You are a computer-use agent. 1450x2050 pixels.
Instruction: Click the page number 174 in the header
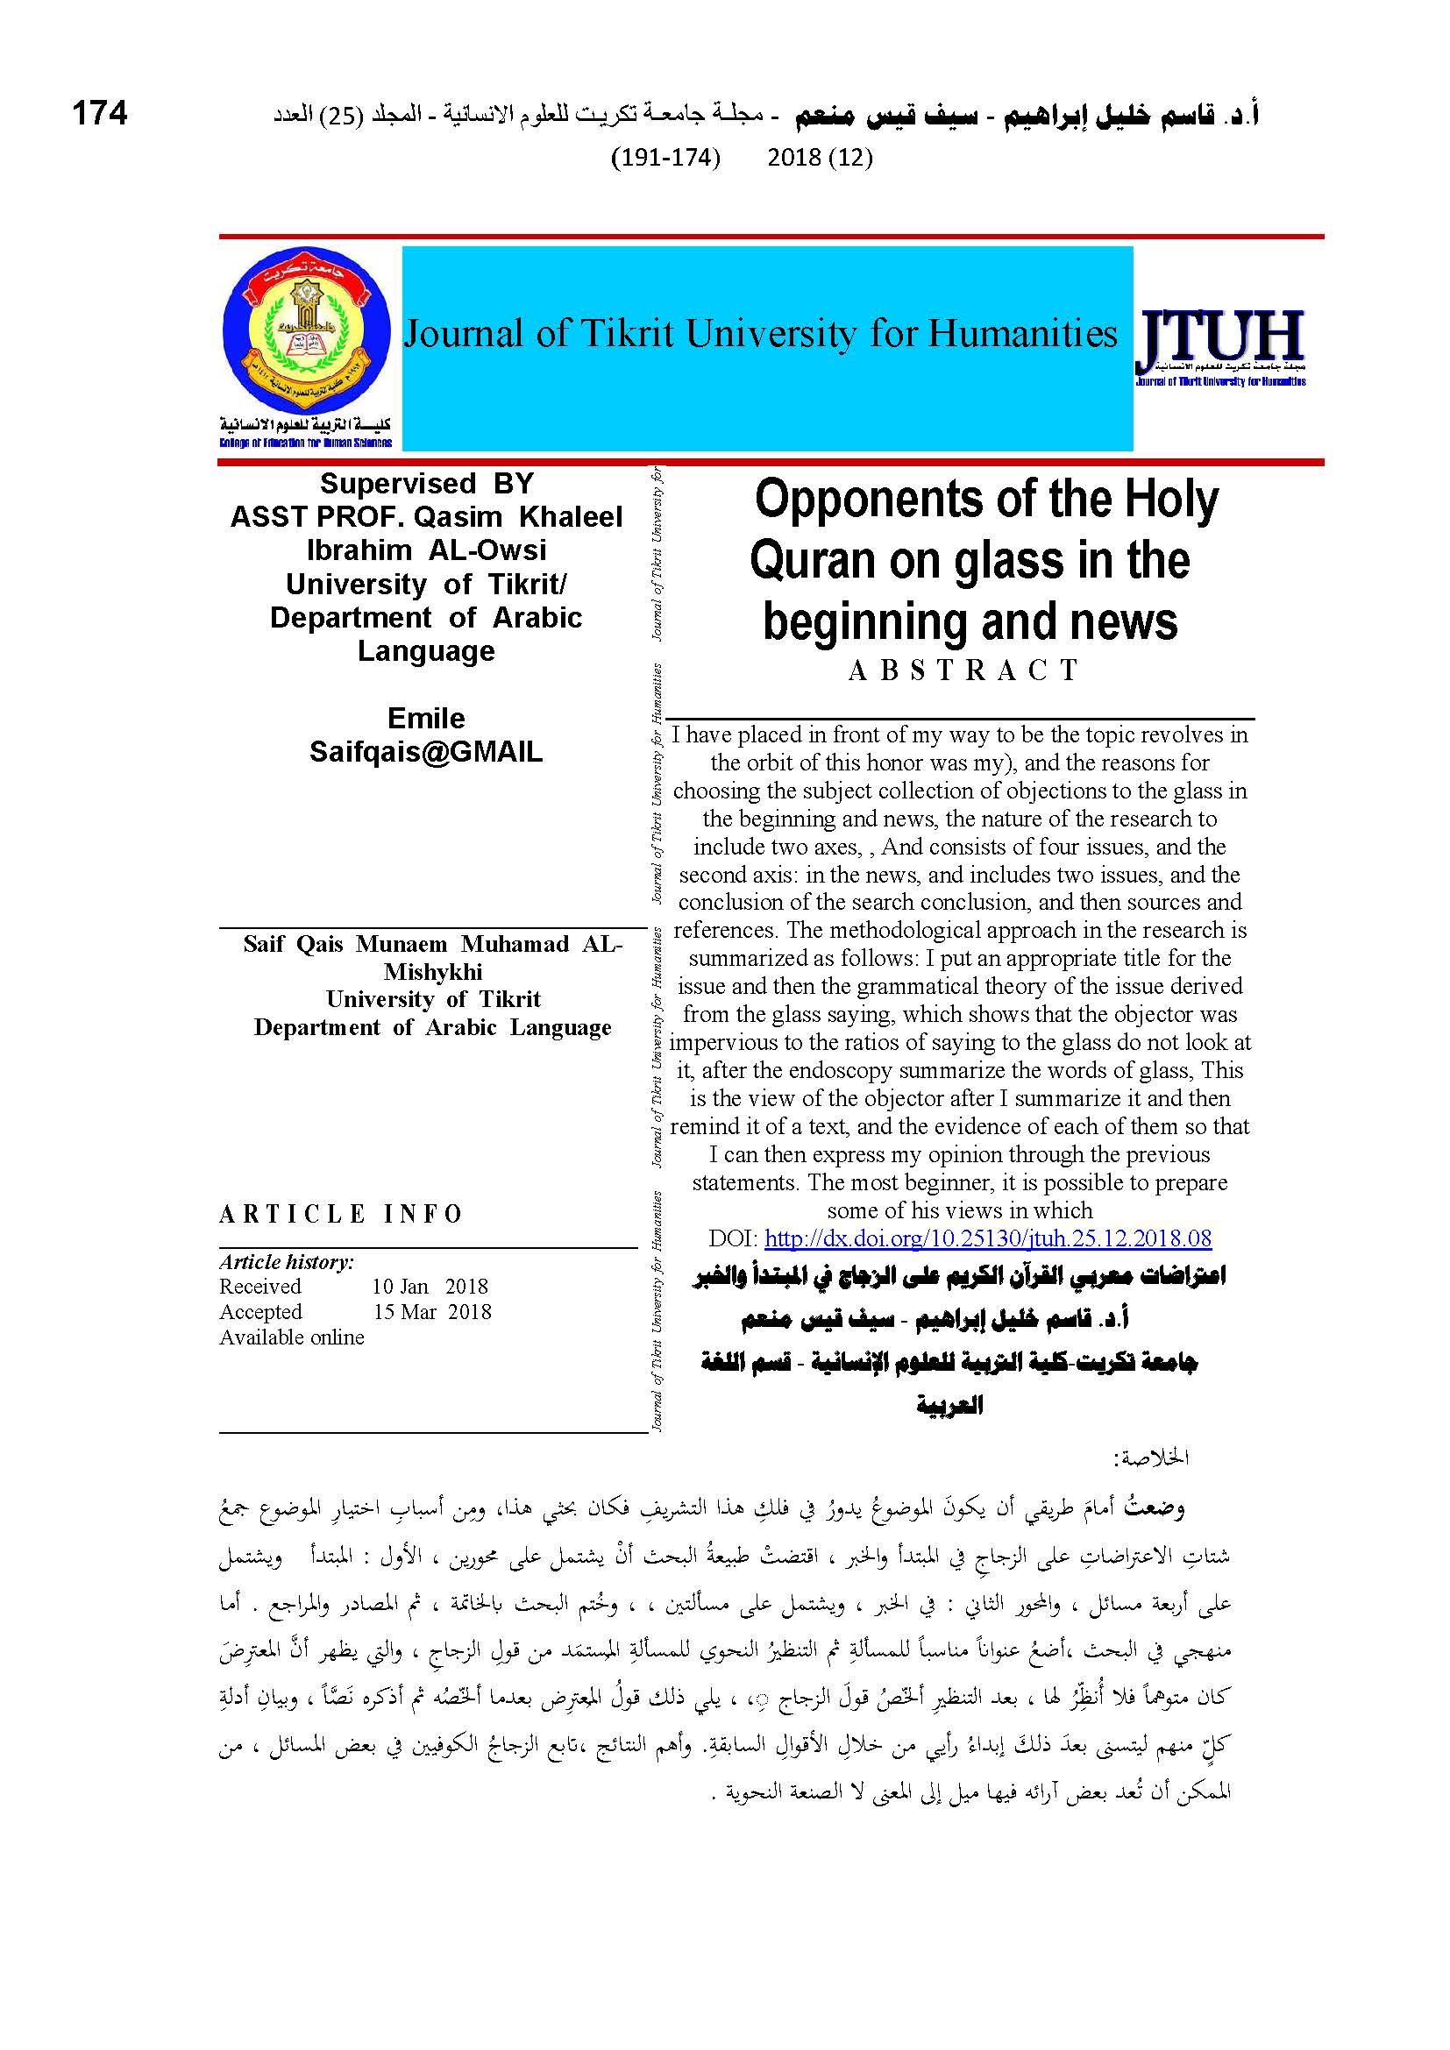99,113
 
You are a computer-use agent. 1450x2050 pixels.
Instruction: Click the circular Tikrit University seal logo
306,330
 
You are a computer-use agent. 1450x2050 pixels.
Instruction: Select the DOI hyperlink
988,1238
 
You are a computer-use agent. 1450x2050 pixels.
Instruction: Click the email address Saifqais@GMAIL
426,752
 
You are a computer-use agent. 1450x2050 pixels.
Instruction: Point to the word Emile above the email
426,718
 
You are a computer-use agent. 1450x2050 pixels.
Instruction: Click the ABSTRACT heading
964,670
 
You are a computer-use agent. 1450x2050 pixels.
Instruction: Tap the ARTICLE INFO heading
341,1213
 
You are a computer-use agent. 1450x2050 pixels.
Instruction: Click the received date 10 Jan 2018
430,1286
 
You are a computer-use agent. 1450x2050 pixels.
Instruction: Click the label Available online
292,1337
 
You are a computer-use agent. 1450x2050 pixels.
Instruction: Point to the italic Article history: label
287,1261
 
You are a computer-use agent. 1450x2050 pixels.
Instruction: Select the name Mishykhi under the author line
433,971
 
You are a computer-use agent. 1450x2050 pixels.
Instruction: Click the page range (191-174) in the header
665,157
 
